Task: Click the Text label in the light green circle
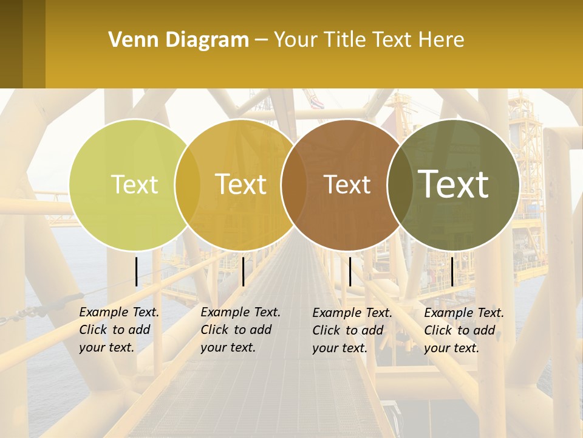[134, 184]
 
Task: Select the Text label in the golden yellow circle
[240, 184]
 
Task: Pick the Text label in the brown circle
[347, 184]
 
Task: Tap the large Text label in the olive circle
[453, 184]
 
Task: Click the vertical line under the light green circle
[136, 271]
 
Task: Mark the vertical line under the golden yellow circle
[243, 271]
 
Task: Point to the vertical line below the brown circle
[350, 271]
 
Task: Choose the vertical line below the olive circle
[452, 271]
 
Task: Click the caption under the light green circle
[118, 330]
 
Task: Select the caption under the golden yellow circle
[240, 330]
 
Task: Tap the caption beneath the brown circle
[352, 330]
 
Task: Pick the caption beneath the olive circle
[463, 330]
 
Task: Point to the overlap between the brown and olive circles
[398, 184]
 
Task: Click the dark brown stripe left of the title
[11, 44]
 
